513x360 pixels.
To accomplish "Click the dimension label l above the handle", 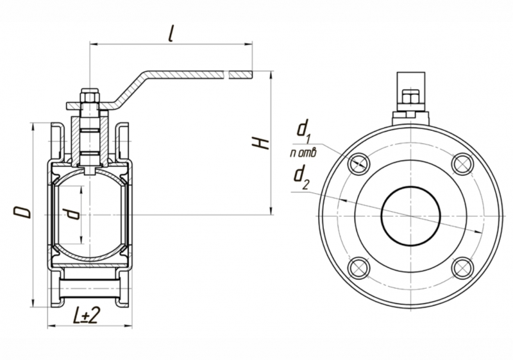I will (x=170, y=33).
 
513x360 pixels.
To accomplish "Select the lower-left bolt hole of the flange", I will (x=358, y=266).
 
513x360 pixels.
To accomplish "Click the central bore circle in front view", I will (x=410, y=215).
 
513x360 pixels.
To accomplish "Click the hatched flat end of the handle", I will (x=240, y=74).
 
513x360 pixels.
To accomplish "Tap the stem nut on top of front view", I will (x=410, y=99).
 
